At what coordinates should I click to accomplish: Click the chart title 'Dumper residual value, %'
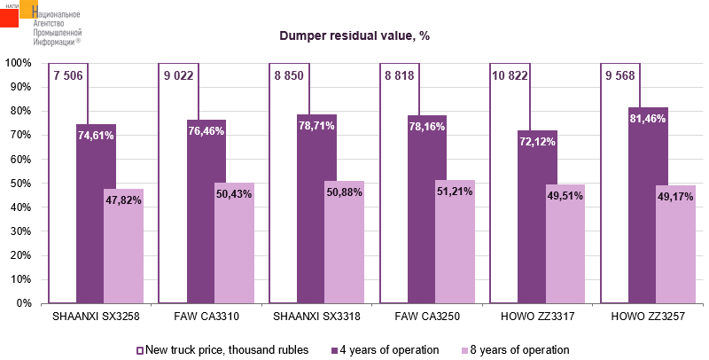point(354,35)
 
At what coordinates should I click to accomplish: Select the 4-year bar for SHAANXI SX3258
point(96,222)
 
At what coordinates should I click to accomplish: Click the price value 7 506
point(68,75)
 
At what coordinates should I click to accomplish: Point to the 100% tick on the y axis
point(19,64)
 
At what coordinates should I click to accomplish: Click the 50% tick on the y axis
point(21,184)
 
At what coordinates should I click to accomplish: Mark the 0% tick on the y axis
point(24,303)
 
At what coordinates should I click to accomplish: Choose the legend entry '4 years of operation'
point(384,349)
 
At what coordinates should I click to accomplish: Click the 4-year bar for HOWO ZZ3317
point(537,231)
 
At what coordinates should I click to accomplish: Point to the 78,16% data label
point(427,126)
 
